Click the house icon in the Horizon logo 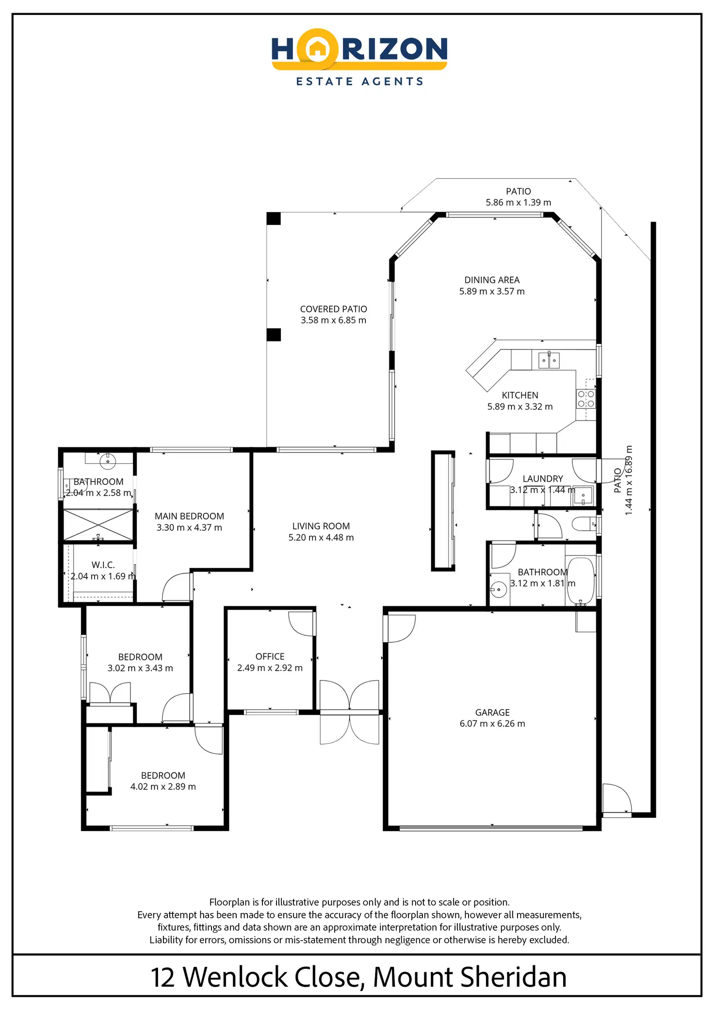[317, 49]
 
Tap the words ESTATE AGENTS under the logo [359, 81]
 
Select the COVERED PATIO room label [334, 309]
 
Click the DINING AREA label [492, 280]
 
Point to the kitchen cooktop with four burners [585, 399]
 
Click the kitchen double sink [549, 360]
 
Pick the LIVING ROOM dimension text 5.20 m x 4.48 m [321, 538]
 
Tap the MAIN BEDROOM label [189, 516]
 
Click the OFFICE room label [270, 656]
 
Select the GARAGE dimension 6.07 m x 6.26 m [492, 723]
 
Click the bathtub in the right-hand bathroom [581, 581]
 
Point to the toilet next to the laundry [585, 524]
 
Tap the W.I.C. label [103, 565]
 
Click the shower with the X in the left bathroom [98, 525]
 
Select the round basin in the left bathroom [108, 461]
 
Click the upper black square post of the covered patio [274, 219]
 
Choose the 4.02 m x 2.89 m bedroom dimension [163, 786]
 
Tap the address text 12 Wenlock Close [257, 977]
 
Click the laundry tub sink [583, 495]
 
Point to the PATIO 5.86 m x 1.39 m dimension [519, 202]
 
